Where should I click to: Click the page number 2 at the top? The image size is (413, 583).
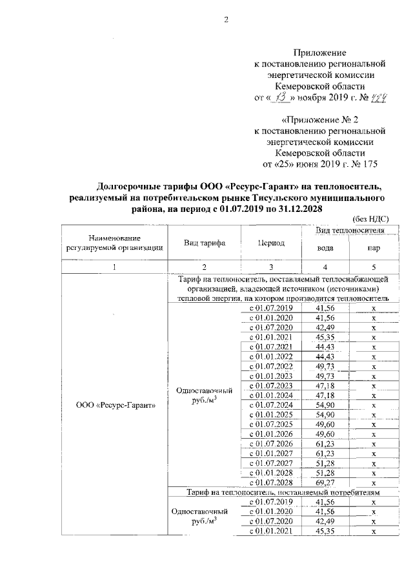(226, 19)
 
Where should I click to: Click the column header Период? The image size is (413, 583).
(271, 243)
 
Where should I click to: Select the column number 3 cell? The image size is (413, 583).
(271, 267)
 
